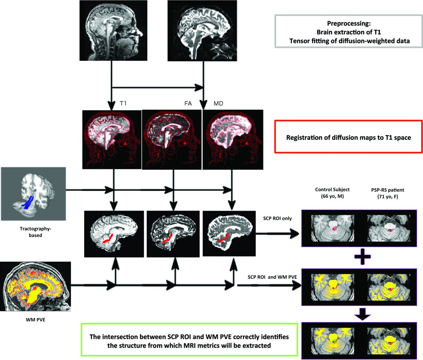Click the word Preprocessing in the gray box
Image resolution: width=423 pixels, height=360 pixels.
click(348, 23)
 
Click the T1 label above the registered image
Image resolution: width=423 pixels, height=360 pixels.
click(123, 103)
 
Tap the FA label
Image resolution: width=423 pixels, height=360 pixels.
click(188, 103)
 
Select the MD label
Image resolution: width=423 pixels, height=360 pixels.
click(218, 103)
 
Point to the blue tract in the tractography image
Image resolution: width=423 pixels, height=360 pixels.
click(28, 201)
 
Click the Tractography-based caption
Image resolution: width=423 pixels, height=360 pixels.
click(35, 232)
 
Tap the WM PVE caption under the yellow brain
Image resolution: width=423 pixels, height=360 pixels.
click(35, 320)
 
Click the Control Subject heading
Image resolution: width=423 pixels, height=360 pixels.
click(332, 189)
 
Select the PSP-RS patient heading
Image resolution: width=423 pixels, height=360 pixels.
click(387, 190)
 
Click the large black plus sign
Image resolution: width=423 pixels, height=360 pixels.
click(363, 257)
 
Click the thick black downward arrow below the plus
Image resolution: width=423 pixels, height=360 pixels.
click(363, 314)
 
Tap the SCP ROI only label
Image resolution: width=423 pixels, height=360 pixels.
click(277, 218)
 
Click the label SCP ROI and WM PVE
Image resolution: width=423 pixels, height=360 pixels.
click(272, 277)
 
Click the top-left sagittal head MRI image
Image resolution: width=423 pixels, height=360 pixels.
click(113, 30)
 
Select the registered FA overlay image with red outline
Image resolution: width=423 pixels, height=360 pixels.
click(172, 140)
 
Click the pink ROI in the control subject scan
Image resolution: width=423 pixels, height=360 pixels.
click(334, 228)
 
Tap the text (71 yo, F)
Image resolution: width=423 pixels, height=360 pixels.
click(388, 196)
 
